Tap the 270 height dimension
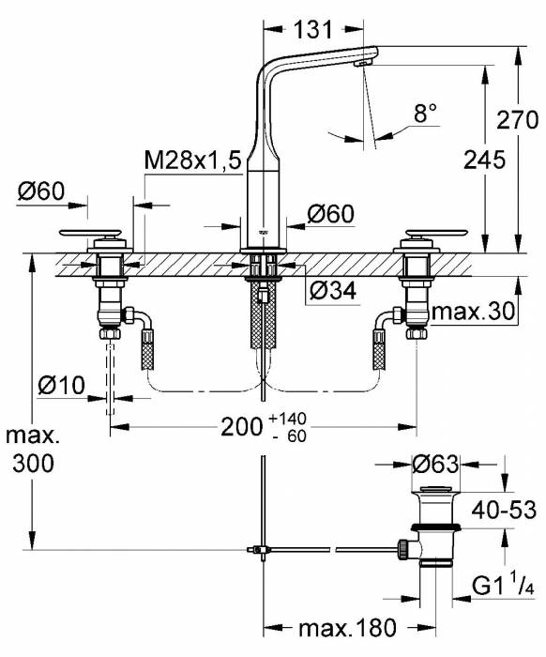pyautogui.click(x=518, y=121)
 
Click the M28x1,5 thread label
pyautogui.click(x=193, y=161)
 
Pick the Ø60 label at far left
pyautogui.click(x=40, y=191)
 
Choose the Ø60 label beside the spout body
pyautogui.click(x=330, y=214)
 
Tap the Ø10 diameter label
pyautogui.click(x=63, y=385)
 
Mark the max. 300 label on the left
pyautogui.click(x=32, y=450)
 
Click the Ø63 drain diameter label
pyautogui.click(x=436, y=463)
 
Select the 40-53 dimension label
pyautogui.click(x=503, y=510)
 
